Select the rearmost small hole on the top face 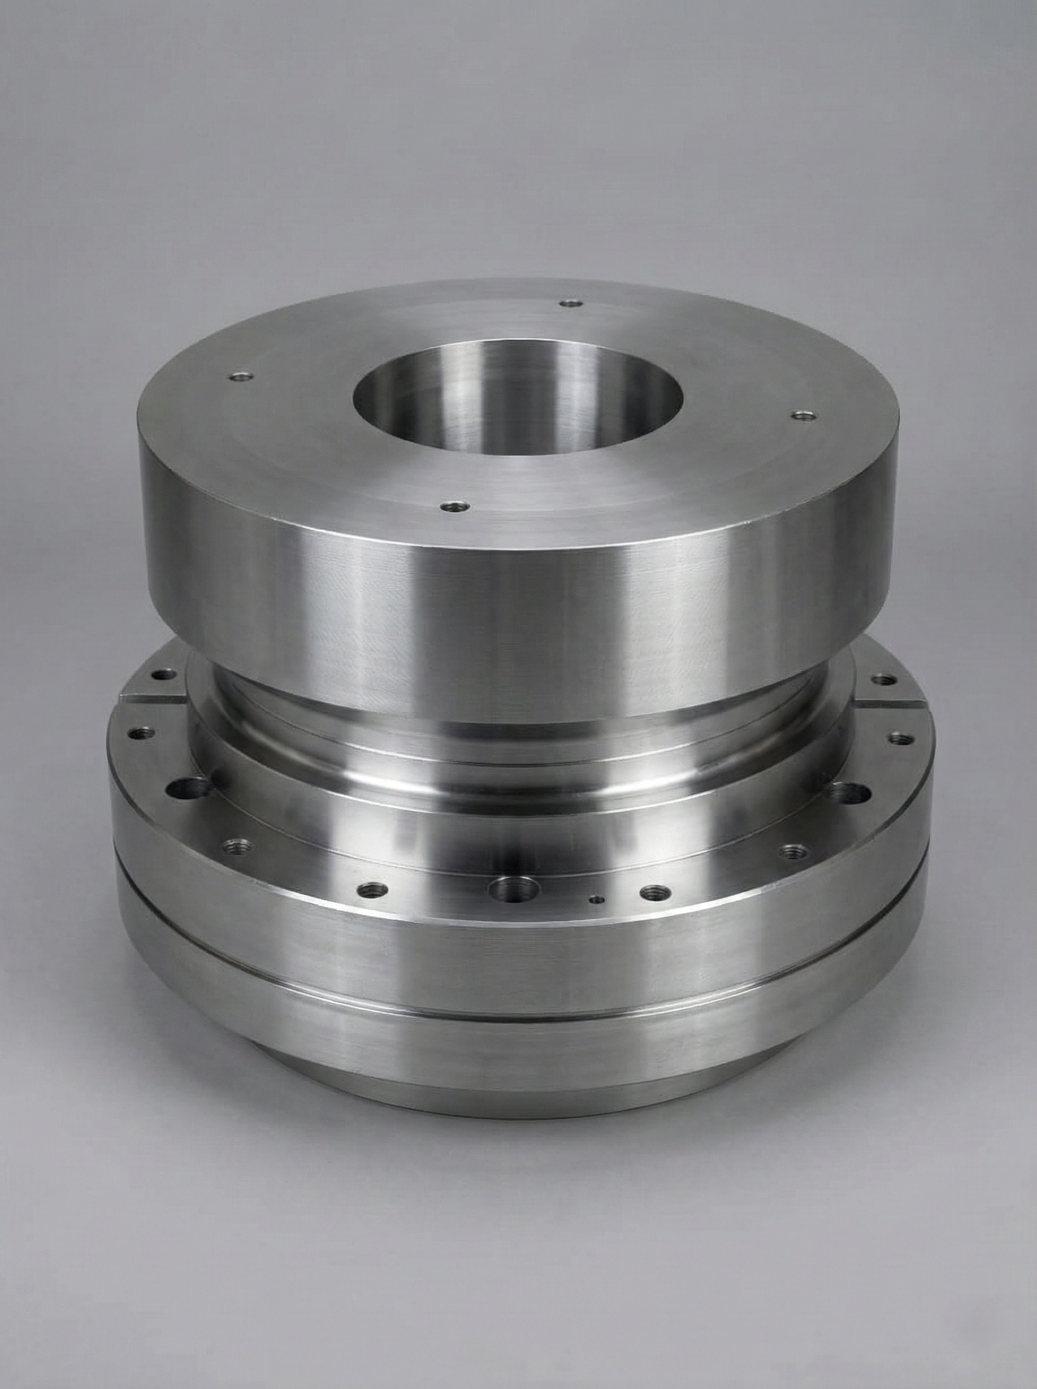[569, 304]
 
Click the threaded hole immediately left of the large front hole [375, 889]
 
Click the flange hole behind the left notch [165, 675]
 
